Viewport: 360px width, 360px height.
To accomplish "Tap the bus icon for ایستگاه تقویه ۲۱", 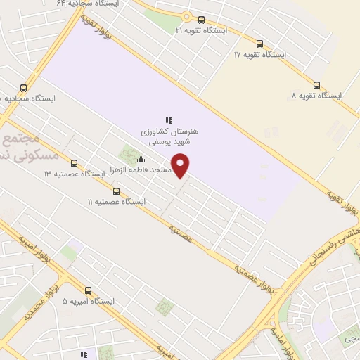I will tap(202, 20).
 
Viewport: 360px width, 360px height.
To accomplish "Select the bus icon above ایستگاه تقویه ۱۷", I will tap(261, 43).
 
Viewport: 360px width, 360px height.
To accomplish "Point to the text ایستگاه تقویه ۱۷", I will tap(261, 54).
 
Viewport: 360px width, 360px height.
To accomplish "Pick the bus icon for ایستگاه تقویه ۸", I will tap(316, 84).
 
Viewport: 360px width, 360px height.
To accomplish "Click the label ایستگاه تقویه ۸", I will tap(316, 95).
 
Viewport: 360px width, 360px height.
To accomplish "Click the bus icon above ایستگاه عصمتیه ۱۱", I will tap(116, 191).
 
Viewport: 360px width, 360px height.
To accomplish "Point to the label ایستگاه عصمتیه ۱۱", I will tap(116, 202).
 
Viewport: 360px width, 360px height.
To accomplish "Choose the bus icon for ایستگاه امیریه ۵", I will tap(88, 290).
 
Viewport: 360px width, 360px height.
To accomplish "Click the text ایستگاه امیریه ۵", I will tap(88, 301).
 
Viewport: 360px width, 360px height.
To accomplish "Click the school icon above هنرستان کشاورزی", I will tap(169, 120).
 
